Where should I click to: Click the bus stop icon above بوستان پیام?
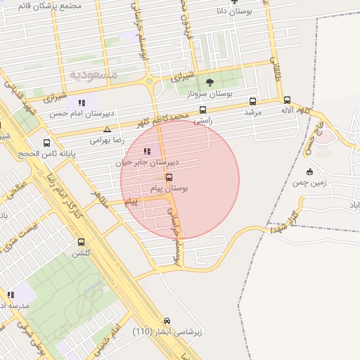169,178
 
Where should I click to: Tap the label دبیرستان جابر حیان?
148,162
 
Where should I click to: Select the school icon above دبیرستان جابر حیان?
147,150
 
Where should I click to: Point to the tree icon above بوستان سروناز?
210,82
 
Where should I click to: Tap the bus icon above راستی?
203,110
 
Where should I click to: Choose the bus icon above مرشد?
252,101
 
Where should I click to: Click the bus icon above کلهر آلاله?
287,100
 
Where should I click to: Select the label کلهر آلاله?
295,110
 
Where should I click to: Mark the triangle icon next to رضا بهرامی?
107,129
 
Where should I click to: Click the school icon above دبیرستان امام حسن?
82,103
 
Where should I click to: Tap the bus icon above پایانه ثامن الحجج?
47,143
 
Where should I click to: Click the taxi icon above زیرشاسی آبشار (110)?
167,320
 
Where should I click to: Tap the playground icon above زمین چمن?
310,172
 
